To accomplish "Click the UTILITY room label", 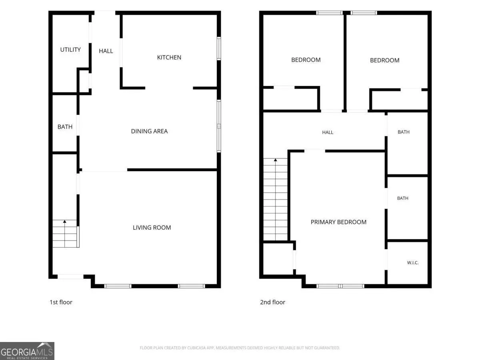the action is (70, 50).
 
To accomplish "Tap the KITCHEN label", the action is (169, 58).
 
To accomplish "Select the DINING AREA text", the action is (149, 131).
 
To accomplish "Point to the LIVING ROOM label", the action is (152, 228).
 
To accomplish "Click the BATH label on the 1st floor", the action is (65, 127).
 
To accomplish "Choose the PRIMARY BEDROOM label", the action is (338, 222).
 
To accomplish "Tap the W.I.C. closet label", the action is (413, 263).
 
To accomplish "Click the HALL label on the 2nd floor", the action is (328, 132).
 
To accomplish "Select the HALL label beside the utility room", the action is (106, 51).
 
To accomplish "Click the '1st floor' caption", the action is (61, 302).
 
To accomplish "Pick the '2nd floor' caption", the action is (272, 302).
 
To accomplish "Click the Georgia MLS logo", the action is (27, 351).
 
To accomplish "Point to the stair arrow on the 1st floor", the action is (64, 234).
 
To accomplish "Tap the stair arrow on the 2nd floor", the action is (275, 199).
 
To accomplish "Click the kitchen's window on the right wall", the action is (219, 48).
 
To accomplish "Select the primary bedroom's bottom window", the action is (340, 286).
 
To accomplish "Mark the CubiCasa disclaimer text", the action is (240, 348).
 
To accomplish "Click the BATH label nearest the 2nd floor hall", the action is (404, 132).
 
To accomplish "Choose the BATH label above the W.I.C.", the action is (402, 198).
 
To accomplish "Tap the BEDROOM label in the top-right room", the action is (385, 60).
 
